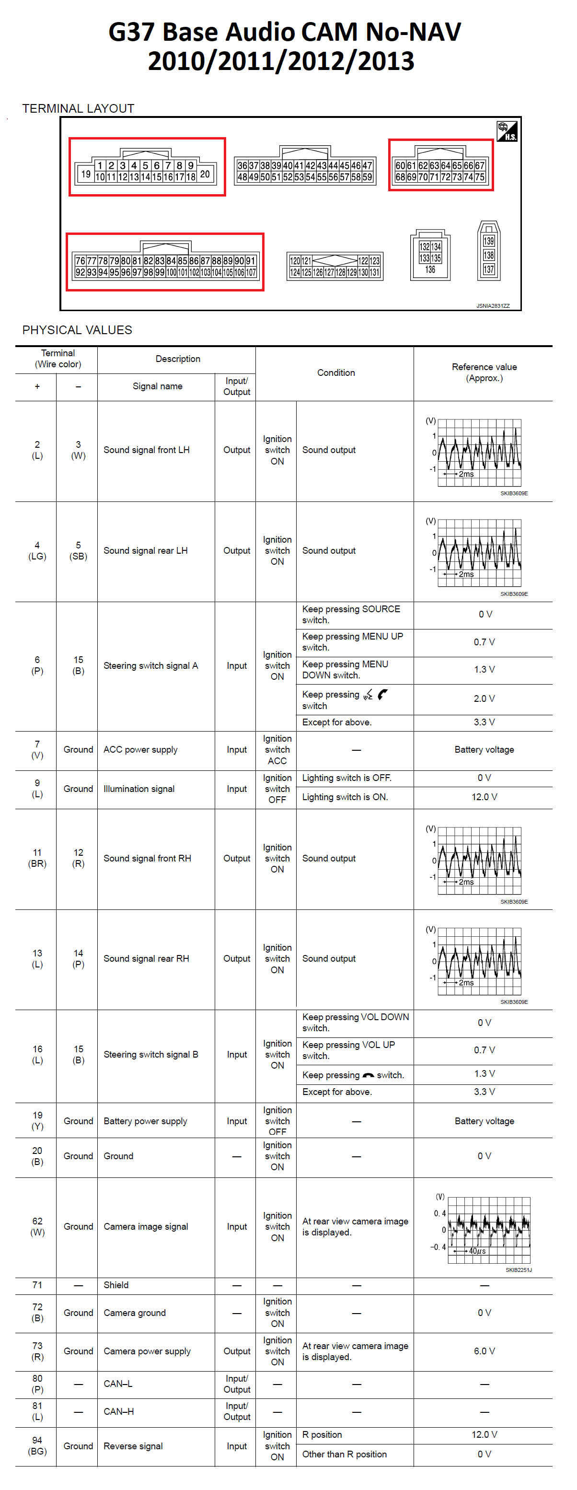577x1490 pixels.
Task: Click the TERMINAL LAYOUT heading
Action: tap(78, 109)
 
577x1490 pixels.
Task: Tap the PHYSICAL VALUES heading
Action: tap(77, 330)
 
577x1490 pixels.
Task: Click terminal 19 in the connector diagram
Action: tap(86, 174)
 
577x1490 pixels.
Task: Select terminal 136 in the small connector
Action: tap(430, 269)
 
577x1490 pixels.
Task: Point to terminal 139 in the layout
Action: tap(488, 241)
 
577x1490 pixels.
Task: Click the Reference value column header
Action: tap(484, 372)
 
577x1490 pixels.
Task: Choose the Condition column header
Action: tap(335, 373)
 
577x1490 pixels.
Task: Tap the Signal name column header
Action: tap(157, 386)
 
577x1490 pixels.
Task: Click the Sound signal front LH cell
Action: tap(146, 450)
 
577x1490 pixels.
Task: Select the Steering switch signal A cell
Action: tap(150, 666)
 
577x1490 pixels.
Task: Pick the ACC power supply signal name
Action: tap(140, 750)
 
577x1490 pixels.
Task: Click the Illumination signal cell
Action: tap(139, 789)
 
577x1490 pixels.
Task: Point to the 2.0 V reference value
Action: tap(484, 698)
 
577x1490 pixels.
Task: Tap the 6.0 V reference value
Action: tap(484, 1351)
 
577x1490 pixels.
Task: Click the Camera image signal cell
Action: tap(146, 1226)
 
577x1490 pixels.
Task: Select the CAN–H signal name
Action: tap(118, 1411)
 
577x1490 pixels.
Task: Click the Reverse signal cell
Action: tap(133, 1446)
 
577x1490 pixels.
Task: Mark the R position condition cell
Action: tap(322, 1435)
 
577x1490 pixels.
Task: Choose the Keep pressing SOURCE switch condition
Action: tap(351, 614)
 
